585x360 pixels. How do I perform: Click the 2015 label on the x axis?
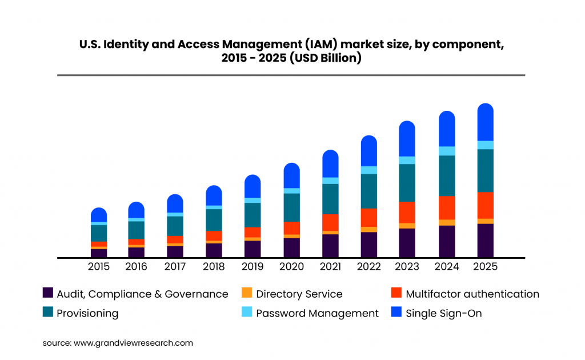(x=99, y=267)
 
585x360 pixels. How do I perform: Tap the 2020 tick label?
(x=291, y=267)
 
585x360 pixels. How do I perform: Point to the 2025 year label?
(x=485, y=267)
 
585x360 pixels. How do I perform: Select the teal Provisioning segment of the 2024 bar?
(x=447, y=175)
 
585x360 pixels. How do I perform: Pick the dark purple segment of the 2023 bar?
(x=407, y=243)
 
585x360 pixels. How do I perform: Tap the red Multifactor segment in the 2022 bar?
(x=369, y=218)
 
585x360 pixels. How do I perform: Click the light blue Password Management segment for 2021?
(x=330, y=181)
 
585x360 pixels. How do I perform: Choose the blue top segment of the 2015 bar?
(x=99, y=215)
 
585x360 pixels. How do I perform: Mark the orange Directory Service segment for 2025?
(x=485, y=221)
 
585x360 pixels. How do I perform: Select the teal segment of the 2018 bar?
(x=214, y=220)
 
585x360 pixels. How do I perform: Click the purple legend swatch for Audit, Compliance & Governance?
(x=48, y=293)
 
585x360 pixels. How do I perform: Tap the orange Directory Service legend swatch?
(x=247, y=293)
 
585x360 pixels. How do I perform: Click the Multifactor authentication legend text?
(x=472, y=294)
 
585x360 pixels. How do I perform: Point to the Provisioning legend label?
(x=87, y=313)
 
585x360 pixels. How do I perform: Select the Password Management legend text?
(x=317, y=313)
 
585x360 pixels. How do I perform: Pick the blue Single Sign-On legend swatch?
(x=396, y=312)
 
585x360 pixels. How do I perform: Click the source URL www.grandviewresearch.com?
(x=133, y=343)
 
